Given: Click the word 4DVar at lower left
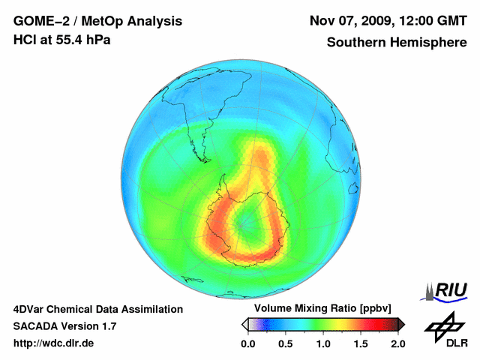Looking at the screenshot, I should [29, 309].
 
